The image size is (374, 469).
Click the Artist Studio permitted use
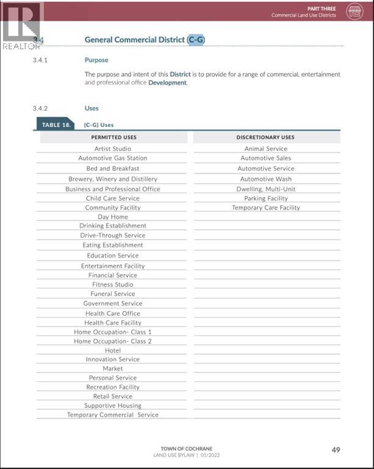click(112, 148)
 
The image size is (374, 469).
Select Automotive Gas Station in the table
click(112, 158)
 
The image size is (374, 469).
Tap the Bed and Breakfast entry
click(112, 169)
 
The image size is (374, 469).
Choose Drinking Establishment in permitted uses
click(112, 226)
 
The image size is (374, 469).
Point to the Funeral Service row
click(112, 294)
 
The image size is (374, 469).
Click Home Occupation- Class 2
click(112, 341)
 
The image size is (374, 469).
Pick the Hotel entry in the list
click(112, 351)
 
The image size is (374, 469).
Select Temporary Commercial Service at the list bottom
click(112, 415)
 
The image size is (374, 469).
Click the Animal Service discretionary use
click(265, 148)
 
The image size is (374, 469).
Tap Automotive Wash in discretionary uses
click(265, 179)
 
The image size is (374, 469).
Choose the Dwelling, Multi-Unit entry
click(265, 189)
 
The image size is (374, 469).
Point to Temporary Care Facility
click(265, 208)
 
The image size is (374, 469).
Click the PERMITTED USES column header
click(113, 137)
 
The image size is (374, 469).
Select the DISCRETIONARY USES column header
click(265, 137)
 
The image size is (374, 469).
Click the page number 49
click(336, 450)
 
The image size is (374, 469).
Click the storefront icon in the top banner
click(354, 11)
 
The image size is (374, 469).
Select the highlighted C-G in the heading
click(196, 40)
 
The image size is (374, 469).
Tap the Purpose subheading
click(96, 60)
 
